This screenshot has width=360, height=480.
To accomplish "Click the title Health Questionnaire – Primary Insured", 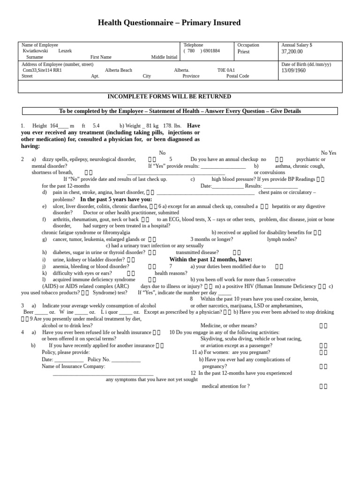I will tap(169, 22).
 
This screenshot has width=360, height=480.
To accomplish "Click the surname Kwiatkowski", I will tap(35, 51).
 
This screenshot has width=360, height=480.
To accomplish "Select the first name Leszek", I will tap(65, 51).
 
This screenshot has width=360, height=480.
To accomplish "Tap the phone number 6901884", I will tap(211, 51).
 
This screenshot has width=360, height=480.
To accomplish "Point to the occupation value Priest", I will tap(244, 52).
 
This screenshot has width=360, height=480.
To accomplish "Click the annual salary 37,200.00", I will tap(292, 52).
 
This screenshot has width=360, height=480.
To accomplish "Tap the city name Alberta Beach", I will tap(119, 70).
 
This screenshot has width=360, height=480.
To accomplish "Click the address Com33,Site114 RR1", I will tap(42, 70).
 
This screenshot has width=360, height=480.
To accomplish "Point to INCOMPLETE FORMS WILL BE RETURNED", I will tap(169, 97).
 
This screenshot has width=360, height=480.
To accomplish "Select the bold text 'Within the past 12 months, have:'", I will tap(210, 259).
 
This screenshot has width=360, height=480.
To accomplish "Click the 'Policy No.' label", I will tap(99, 359).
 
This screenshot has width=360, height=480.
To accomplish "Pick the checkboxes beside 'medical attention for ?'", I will tap(323, 386).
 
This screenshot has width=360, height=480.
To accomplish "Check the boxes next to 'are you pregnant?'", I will tap(323, 352).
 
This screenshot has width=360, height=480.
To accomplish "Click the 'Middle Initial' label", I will tap(164, 57).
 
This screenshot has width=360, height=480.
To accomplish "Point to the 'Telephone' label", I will tap(193, 45).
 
